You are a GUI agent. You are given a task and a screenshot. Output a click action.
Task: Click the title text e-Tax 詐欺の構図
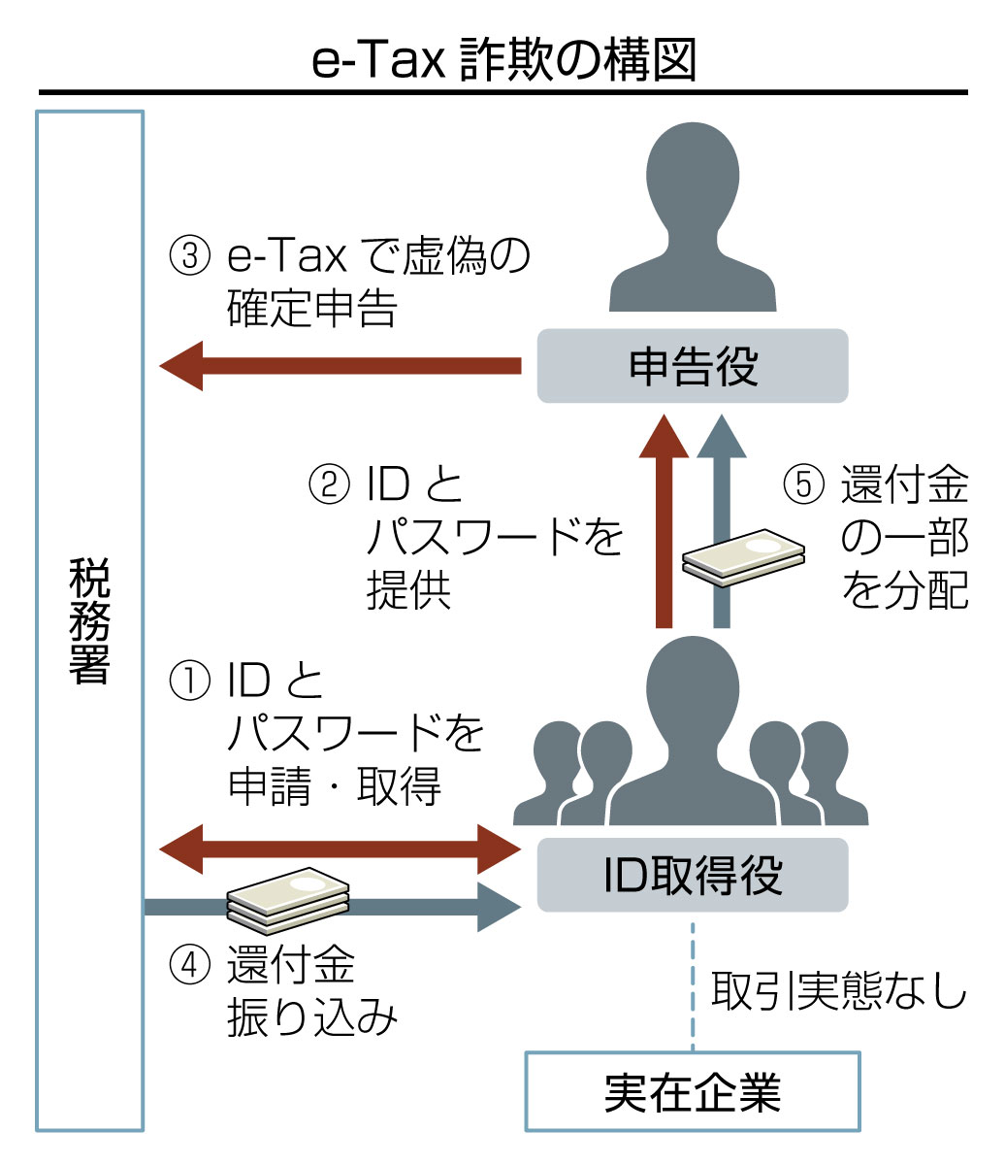click(x=503, y=60)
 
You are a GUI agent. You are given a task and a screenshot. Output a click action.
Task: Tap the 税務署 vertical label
click(x=89, y=621)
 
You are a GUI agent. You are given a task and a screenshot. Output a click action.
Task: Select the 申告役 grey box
click(x=693, y=366)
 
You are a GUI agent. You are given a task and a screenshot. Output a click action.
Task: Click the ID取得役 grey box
click(x=693, y=876)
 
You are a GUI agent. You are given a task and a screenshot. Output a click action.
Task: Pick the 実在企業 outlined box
click(x=693, y=1091)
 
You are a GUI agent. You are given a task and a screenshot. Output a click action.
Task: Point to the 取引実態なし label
click(x=840, y=991)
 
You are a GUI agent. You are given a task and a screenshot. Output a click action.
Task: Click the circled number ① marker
click(x=189, y=681)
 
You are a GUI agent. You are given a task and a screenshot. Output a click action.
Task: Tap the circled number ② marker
click(x=328, y=485)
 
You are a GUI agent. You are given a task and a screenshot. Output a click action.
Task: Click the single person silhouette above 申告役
click(x=693, y=218)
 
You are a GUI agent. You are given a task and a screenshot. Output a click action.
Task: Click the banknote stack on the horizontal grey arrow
click(x=288, y=895)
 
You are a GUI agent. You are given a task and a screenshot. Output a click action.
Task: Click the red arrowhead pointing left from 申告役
click(x=181, y=366)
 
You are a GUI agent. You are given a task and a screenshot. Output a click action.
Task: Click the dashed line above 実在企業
click(x=693, y=985)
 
